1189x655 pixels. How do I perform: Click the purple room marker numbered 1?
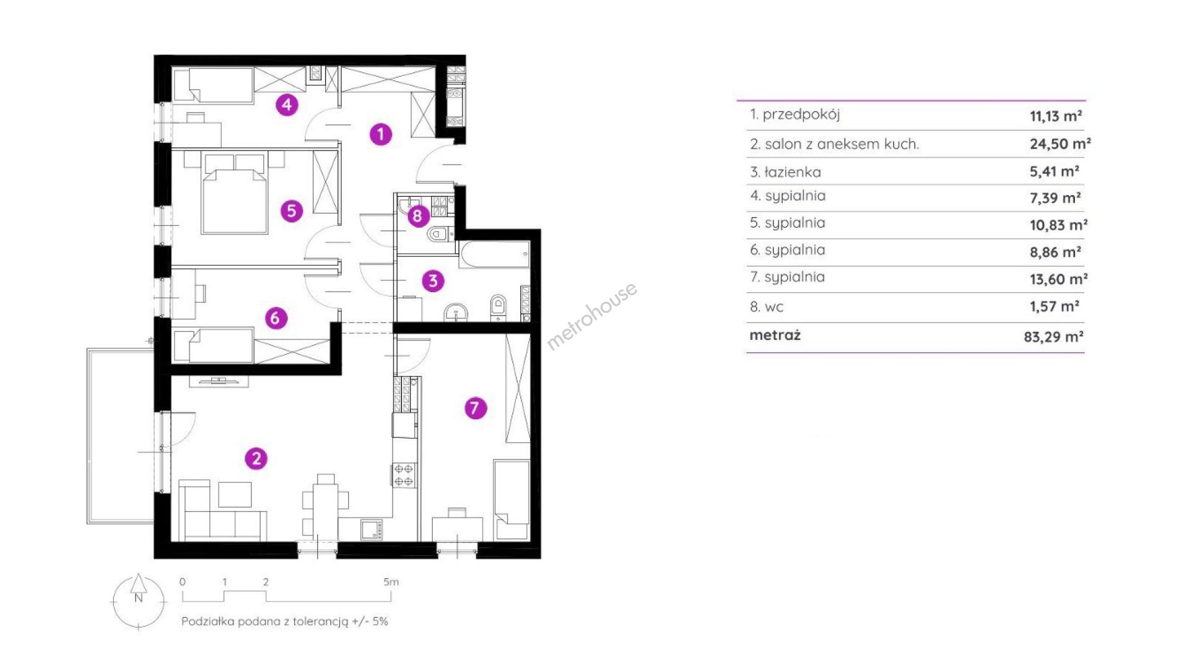(x=381, y=134)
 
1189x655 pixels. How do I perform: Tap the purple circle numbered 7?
(x=476, y=407)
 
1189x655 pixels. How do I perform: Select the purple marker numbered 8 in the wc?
(x=418, y=215)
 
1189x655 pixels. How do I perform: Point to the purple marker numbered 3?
(x=433, y=280)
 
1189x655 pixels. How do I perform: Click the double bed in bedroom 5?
(x=235, y=193)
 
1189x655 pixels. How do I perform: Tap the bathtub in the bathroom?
(x=495, y=254)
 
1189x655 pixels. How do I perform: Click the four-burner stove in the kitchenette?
(x=404, y=474)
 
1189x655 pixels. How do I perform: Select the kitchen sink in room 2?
(x=372, y=529)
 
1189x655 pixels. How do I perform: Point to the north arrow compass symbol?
(x=139, y=601)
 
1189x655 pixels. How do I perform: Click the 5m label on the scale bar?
(x=391, y=582)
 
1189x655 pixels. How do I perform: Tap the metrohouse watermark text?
(x=591, y=316)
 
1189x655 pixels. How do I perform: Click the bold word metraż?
(x=775, y=335)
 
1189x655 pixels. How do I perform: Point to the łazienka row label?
(x=785, y=171)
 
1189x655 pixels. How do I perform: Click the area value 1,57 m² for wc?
(x=1055, y=306)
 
